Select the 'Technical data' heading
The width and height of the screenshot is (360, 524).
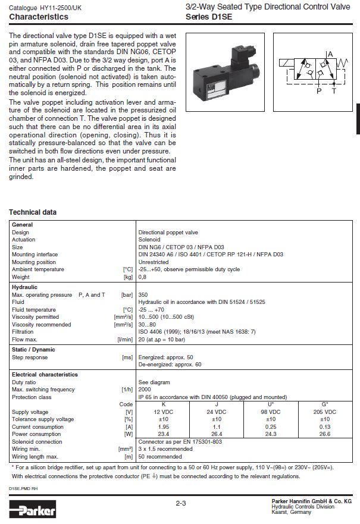(x=33, y=212)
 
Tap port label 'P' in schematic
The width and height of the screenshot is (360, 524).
(x=319, y=92)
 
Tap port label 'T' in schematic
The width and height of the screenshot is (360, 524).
(x=333, y=92)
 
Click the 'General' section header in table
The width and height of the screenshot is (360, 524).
(x=22, y=225)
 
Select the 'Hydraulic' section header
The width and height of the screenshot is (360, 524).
(x=24, y=287)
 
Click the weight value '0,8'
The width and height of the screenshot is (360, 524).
(x=143, y=277)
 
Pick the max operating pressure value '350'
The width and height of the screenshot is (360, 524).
(x=143, y=294)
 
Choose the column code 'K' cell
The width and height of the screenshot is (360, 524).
(x=163, y=404)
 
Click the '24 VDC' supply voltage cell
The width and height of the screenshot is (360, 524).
(x=217, y=412)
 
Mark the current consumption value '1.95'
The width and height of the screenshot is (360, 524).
(x=163, y=426)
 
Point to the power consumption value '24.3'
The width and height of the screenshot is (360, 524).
(x=271, y=434)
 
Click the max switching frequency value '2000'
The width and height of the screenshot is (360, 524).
(x=145, y=389)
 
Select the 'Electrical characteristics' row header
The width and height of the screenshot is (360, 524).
(x=45, y=375)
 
